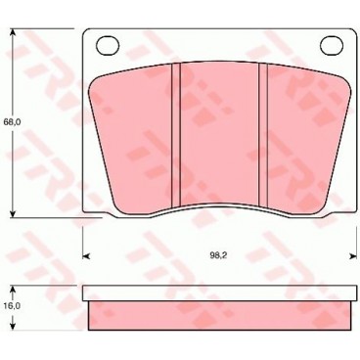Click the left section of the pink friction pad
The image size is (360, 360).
click(x=132, y=137)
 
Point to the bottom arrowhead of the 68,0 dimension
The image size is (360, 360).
click(x=14, y=212)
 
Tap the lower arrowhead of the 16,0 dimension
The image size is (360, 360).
click(x=14, y=328)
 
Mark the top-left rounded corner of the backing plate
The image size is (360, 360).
click(x=87, y=34)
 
